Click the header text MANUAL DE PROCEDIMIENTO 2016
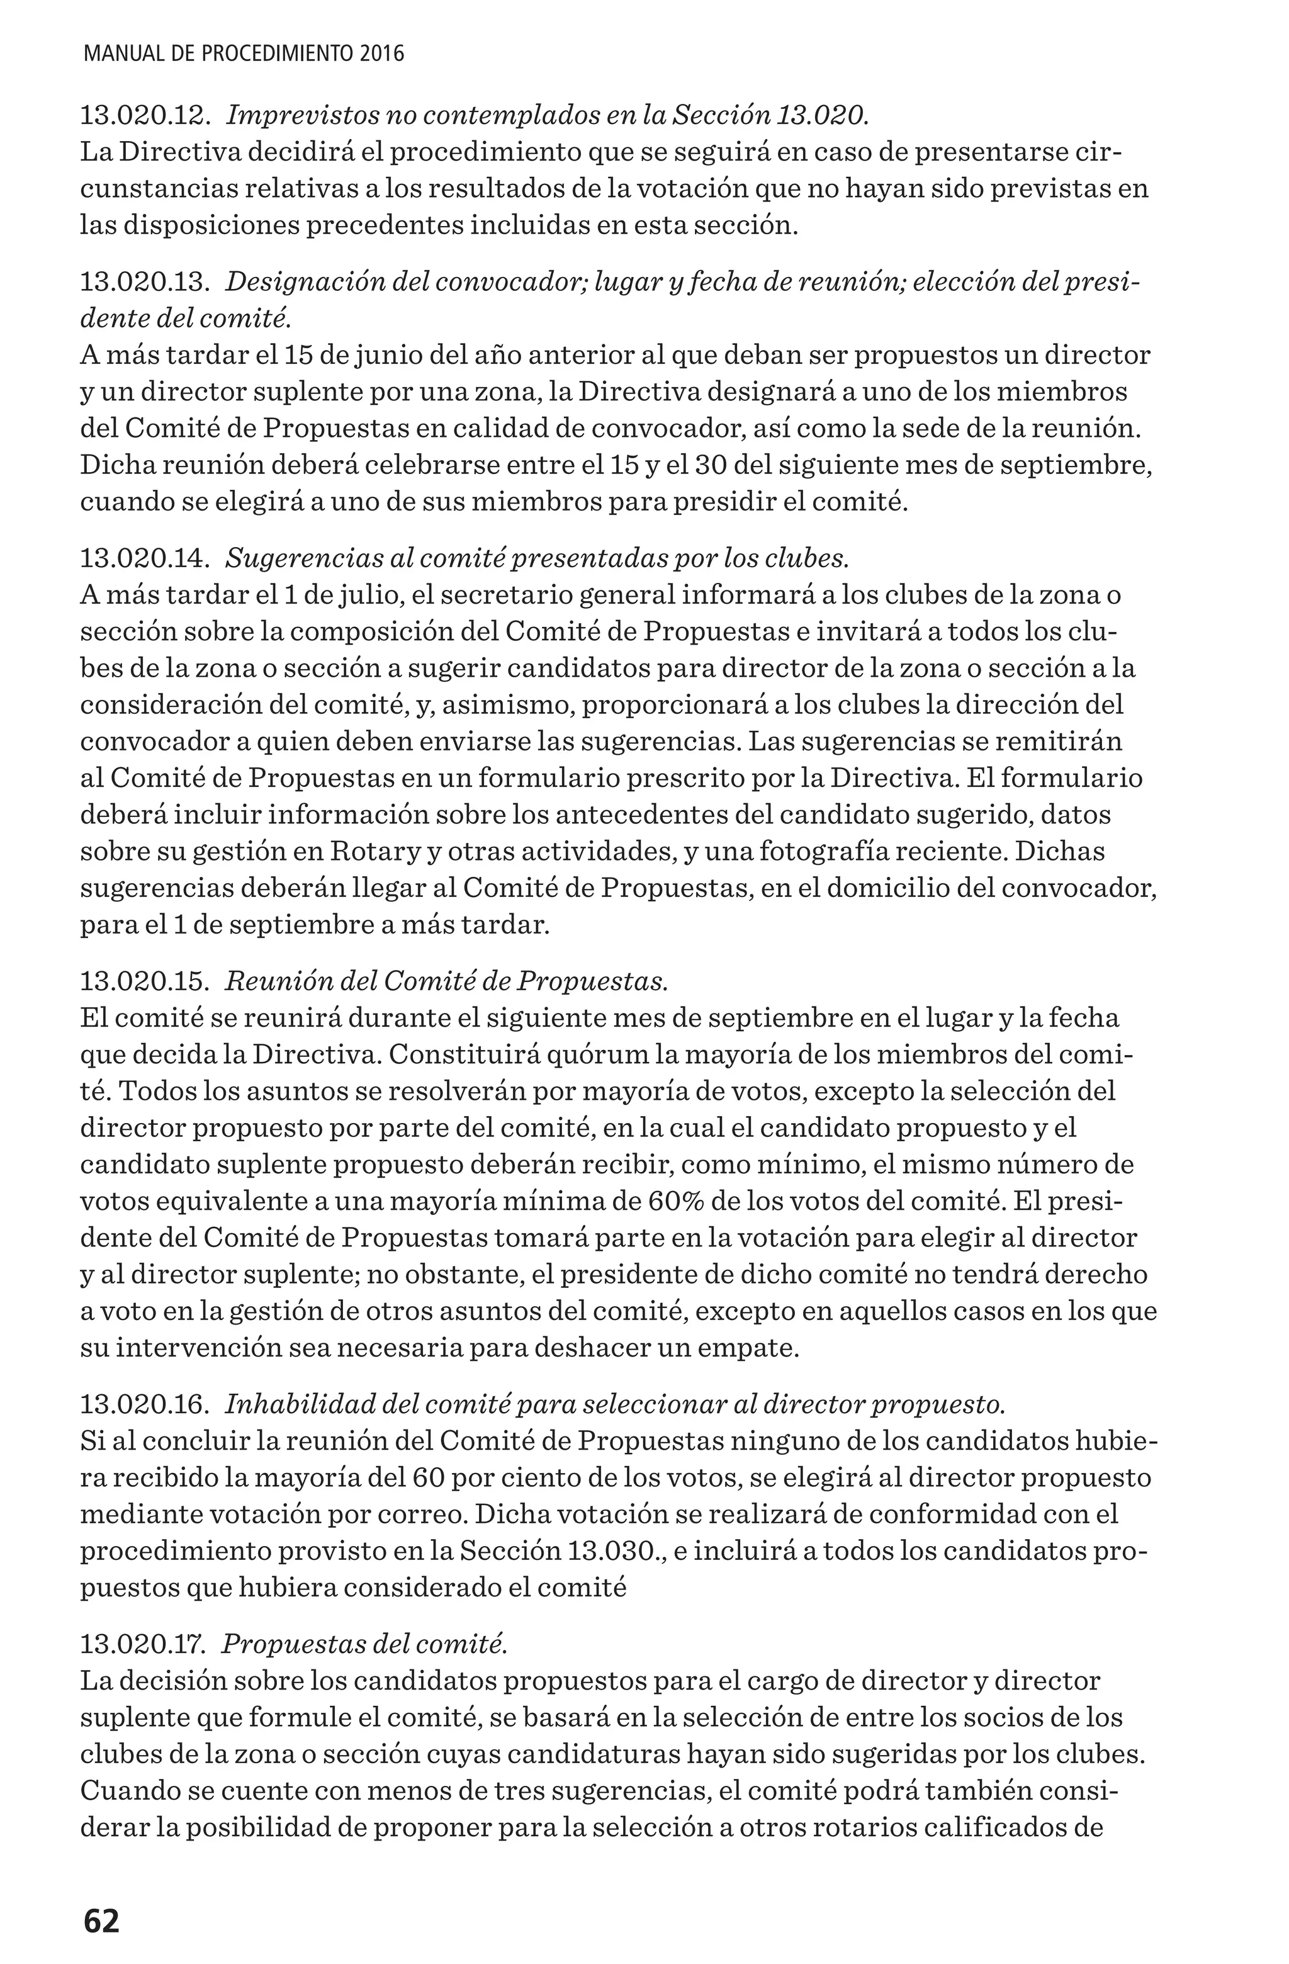[244, 55]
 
